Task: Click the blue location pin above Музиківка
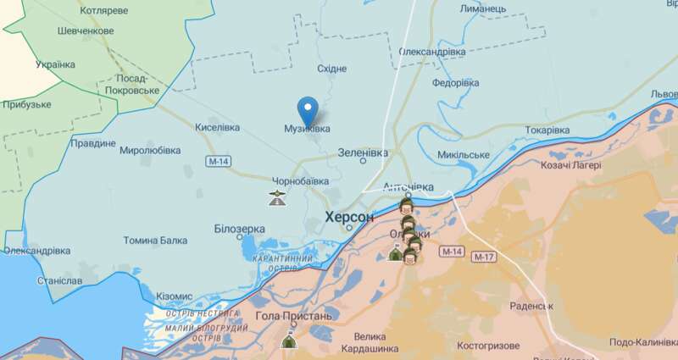pos(308,111)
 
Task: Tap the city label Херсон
pos(349,218)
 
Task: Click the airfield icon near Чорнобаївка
pos(276,200)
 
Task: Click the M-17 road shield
pos(484,257)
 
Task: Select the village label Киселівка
pos(217,128)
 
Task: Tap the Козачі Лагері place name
pos(570,165)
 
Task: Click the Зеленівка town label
pos(362,152)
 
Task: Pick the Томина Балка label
pos(155,241)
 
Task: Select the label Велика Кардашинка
pos(370,342)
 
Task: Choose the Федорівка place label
pos(455,83)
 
